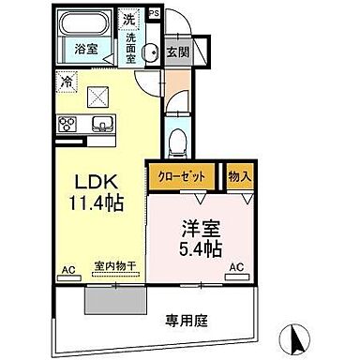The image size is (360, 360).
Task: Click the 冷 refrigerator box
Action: [67, 82]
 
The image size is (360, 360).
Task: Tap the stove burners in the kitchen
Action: [67, 124]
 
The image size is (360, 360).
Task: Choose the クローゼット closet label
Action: [182, 175]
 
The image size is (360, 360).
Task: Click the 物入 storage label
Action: [237, 175]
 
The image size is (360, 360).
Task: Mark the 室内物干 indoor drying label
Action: [115, 267]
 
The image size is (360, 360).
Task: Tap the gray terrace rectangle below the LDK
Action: [115, 299]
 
